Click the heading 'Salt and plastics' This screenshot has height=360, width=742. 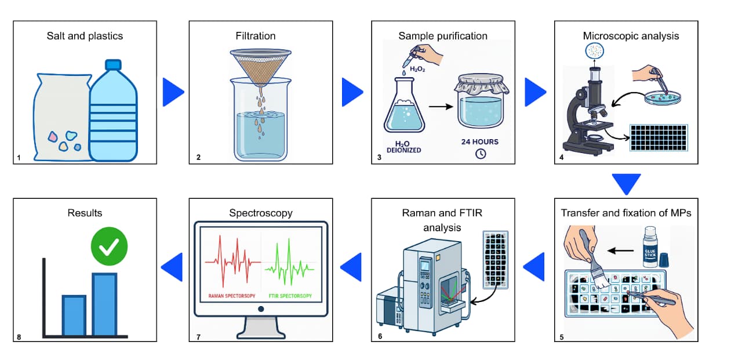click(85, 36)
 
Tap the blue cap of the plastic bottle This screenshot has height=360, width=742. click(113, 64)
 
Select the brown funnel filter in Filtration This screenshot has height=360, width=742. click(261, 67)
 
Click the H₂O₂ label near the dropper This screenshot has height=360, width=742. click(417, 69)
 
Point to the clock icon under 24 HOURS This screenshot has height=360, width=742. click(481, 154)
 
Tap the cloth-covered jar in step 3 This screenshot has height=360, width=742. click(480, 104)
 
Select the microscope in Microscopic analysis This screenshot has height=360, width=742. click(589, 110)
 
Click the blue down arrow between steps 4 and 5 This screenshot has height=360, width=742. click(627, 184)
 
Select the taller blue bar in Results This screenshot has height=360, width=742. click(104, 304)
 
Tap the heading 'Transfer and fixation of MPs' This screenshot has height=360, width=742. click(626, 213)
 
